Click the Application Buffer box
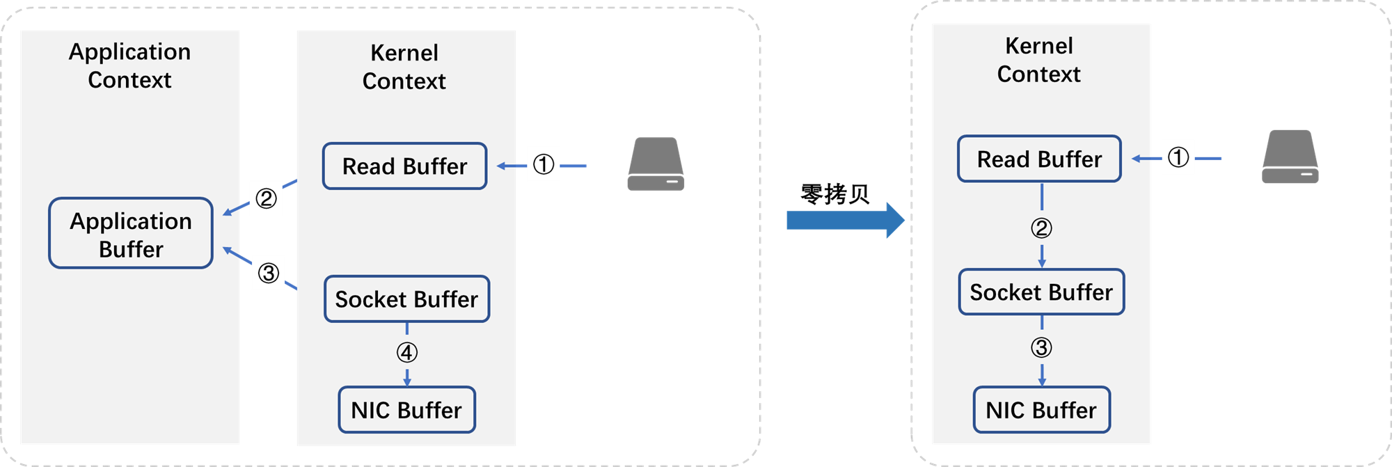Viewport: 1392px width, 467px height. coord(131,233)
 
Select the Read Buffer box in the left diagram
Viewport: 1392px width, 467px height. coord(404,166)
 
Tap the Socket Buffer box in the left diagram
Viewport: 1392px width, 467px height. coord(406,299)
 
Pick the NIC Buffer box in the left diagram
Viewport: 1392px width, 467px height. coord(406,410)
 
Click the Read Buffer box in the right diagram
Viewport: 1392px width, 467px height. coord(1039,159)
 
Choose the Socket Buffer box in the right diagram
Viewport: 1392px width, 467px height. coord(1041,292)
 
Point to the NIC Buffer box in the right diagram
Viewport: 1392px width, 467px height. coord(1041,410)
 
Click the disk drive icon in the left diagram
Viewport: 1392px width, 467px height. coord(656,164)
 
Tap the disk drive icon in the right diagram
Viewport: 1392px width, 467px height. coord(1290,157)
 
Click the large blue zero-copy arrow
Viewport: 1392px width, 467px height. coord(845,220)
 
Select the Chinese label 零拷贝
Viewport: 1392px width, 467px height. coord(835,194)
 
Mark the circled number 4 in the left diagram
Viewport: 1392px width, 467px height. coord(407,353)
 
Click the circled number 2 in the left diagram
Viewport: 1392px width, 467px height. coord(266,198)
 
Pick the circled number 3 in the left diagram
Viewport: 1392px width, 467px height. coord(269,273)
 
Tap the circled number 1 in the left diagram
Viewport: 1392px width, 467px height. coord(544,164)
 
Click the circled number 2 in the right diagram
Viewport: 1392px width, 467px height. coord(1041,228)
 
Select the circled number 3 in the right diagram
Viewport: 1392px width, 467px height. coord(1041,347)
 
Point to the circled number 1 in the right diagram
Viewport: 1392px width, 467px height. coord(1178,157)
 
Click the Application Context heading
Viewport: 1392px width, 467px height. coord(129,65)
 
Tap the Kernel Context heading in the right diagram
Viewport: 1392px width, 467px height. coord(1039,60)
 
